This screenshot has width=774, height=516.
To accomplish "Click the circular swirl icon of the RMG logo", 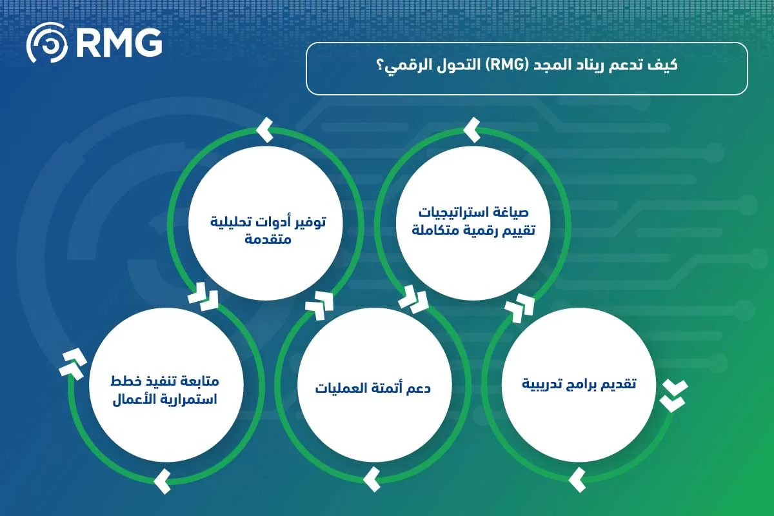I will point(46,43).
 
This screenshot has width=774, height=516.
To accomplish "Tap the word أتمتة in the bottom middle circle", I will point(387,389).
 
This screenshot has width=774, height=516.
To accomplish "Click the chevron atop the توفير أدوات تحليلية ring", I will point(264,130).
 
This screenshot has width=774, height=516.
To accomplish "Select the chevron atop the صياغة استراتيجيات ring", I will point(472,130).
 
